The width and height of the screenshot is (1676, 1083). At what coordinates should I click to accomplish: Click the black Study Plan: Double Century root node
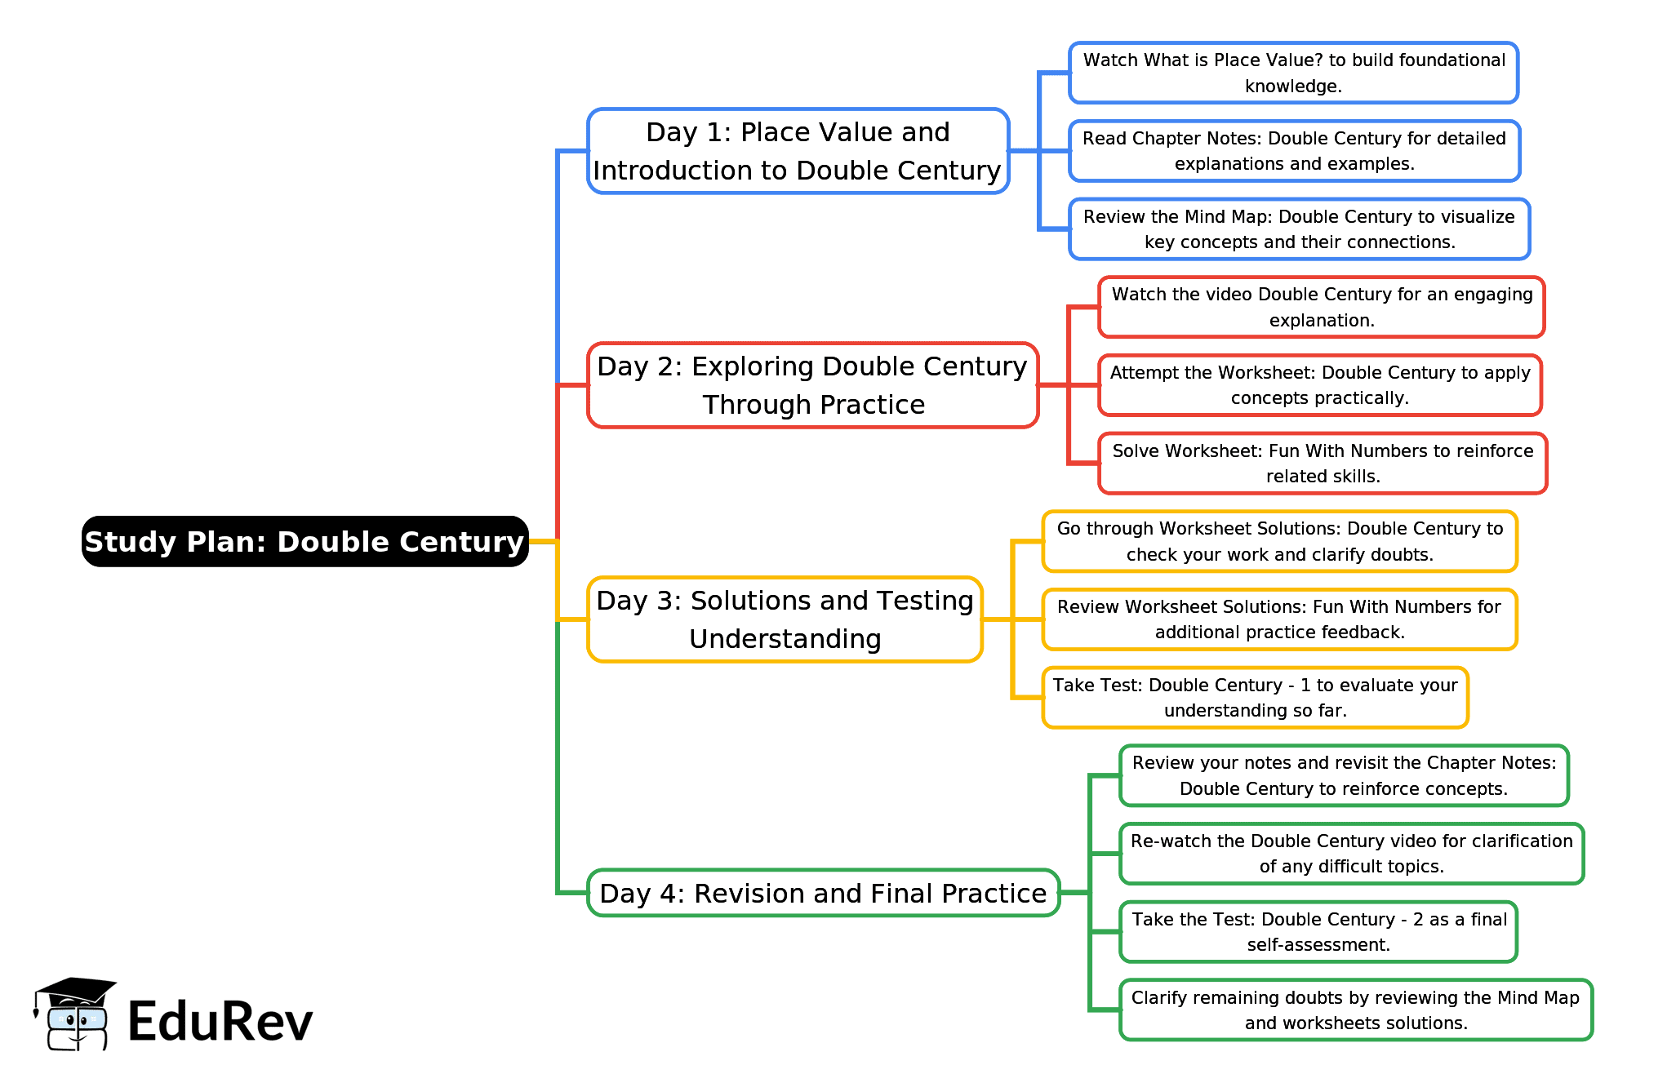[x=305, y=541]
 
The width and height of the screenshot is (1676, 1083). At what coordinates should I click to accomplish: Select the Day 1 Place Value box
[x=798, y=151]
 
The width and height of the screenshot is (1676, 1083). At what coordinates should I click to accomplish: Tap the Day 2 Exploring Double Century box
[x=812, y=385]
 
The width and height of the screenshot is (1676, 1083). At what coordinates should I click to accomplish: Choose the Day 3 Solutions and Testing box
[x=785, y=619]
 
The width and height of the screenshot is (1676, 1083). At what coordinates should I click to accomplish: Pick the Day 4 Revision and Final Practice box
[x=823, y=893]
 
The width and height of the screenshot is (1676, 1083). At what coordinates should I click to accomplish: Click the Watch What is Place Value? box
[x=1293, y=73]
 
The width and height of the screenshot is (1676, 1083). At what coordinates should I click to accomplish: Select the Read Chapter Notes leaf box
[x=1294, y=151]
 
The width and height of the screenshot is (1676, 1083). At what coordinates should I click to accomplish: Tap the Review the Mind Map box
[x=1299, y=229]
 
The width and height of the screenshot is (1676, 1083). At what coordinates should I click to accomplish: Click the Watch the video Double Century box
[x=1321, y=307]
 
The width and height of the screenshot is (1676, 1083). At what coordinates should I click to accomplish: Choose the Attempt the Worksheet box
[x=1319, y=385]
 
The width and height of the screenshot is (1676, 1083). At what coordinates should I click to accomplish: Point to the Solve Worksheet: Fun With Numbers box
[x=1323, y=464]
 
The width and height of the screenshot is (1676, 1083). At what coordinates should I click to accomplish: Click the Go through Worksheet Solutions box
[x=1279, y=541]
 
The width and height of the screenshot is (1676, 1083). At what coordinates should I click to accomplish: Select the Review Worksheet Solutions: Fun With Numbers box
[x=1279, y=619]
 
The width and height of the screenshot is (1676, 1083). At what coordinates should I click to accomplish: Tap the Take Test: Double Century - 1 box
[x=1255, y=698]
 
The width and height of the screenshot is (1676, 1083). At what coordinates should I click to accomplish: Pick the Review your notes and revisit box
[x=1344, y=775]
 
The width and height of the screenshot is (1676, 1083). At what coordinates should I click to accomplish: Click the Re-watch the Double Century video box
[x=1351, y=854]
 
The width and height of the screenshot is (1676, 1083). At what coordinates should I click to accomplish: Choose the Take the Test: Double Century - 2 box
[x=1318, y=932]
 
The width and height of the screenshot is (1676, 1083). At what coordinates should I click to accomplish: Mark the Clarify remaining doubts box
[x=1355, y=1010]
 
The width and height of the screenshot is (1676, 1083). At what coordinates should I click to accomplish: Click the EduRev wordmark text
[x=220, y=1022]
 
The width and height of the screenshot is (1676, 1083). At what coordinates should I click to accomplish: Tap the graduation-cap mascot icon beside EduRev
[x=74, y=1014]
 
